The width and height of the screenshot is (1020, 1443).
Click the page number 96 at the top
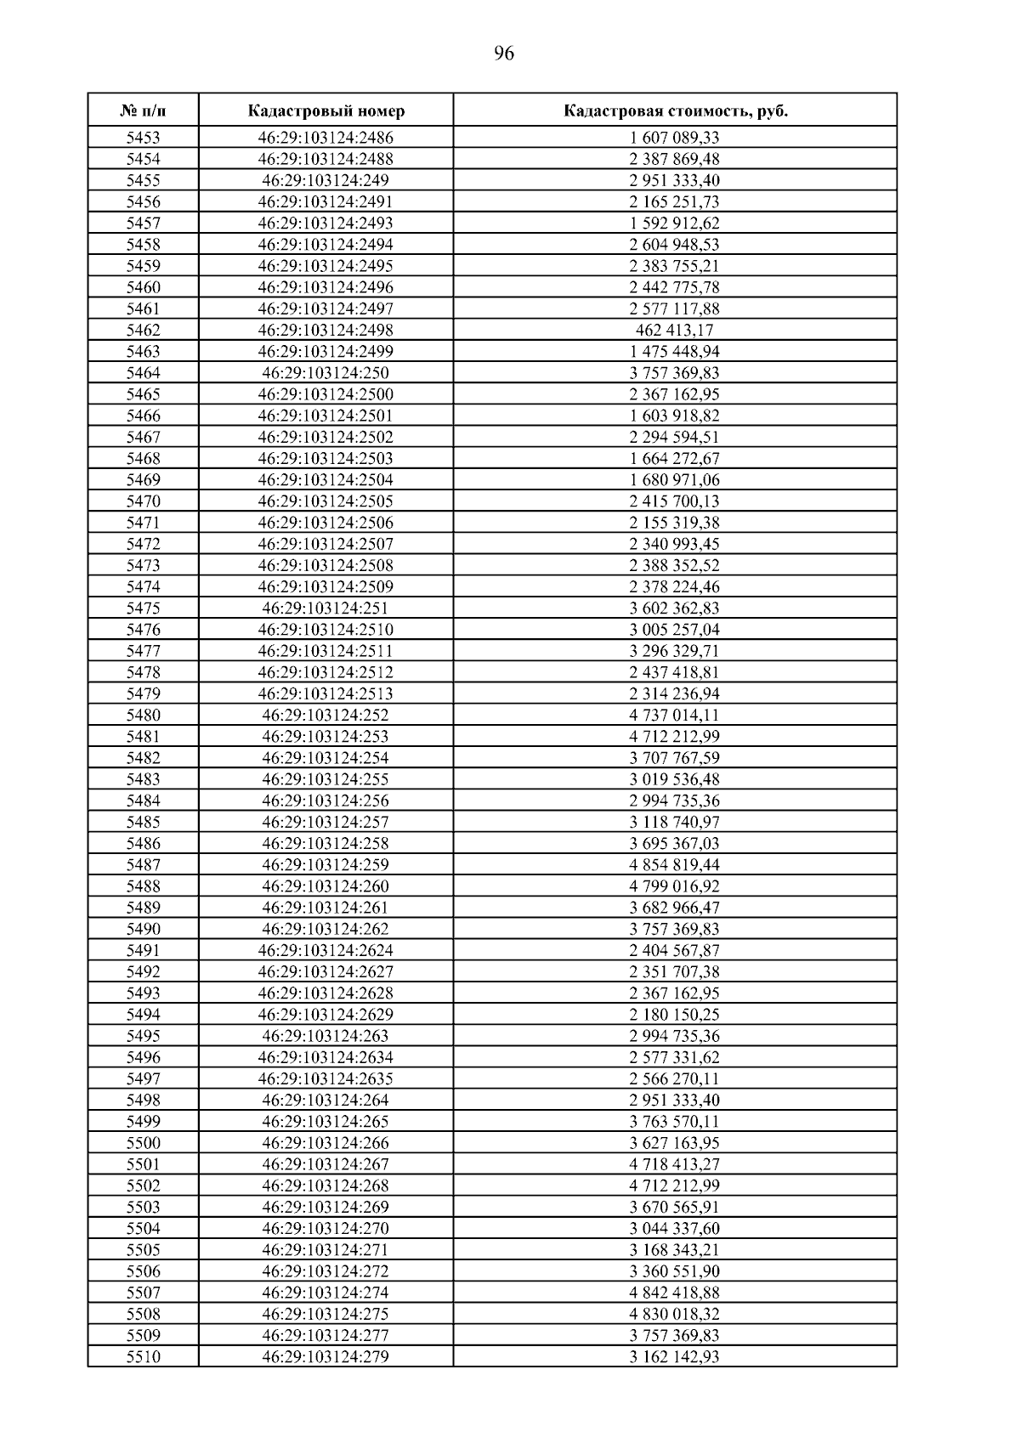pos(503,54)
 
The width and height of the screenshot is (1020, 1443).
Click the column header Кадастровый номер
pos(326,111)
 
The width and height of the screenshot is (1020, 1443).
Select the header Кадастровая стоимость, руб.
pos(675,111)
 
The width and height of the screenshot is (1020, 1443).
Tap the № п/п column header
pos(143,111)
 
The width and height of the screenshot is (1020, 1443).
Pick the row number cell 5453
pos(143,138)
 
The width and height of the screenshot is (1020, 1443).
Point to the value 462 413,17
pos(674,330)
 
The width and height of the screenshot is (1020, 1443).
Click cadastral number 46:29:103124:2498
pos(326,330)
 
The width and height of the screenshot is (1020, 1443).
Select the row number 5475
pos(143,608)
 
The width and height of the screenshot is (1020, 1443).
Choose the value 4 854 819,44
pos(674,864)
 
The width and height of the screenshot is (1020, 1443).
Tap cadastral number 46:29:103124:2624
pos(326,950)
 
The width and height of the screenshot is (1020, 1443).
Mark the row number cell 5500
pos(143,1143)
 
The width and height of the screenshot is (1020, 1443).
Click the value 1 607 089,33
pos(674,138)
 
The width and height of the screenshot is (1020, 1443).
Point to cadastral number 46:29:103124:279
pos(326,1356)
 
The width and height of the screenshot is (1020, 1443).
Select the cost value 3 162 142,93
pos(674,1356)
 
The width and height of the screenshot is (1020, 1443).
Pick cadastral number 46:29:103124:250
pos(326,372)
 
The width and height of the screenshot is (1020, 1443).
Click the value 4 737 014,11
pos(674,715)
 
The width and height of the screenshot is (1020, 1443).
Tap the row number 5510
pos(143,1356)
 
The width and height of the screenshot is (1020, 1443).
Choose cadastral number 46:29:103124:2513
pos(326,693)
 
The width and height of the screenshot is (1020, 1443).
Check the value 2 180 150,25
pos(674,1014)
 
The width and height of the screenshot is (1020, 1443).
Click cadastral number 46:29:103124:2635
pos(326,1078)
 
